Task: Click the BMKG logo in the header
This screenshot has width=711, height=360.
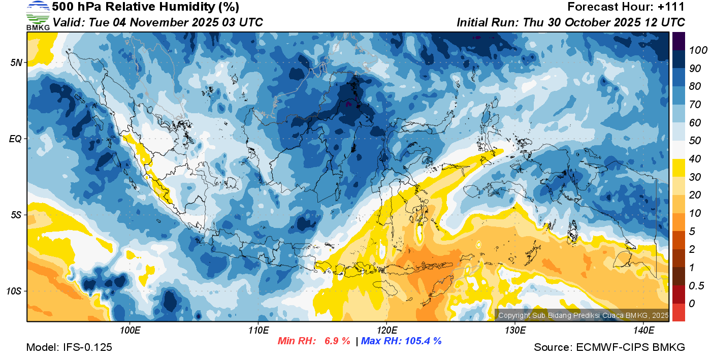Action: click(38, 16)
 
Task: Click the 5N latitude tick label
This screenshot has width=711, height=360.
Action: click(17, 62)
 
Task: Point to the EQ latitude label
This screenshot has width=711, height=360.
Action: click(16, 139)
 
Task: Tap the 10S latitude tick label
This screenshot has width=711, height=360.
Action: click(15, 291)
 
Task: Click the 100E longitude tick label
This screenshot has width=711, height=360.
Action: click(130, 331)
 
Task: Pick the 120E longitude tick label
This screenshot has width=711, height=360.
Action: click(386, 331)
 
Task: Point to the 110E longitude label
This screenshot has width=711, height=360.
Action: click(258, 331)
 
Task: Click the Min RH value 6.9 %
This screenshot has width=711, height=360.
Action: click(337, 341)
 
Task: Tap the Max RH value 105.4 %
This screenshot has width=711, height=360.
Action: click(422, 341)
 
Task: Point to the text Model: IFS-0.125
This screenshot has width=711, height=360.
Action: click(69, 347)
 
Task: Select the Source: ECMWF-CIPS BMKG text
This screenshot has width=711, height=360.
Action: click(609, 347)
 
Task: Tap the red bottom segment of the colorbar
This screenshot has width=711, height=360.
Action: click(678, 312)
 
